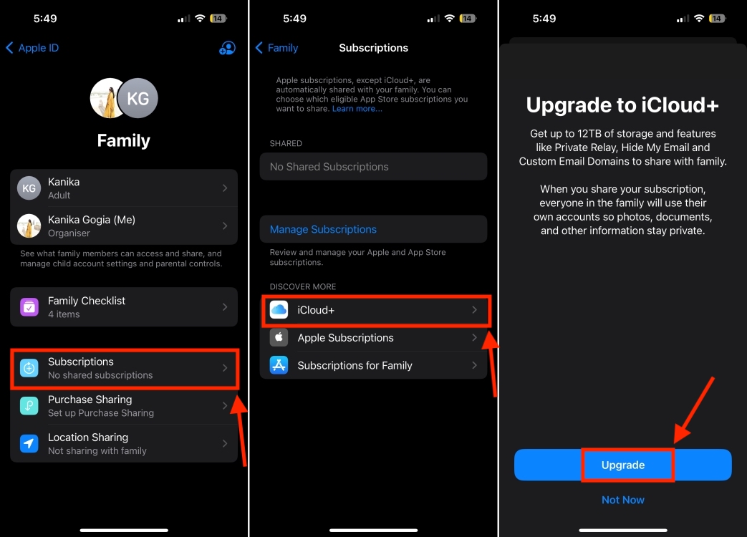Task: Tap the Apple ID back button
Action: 32,48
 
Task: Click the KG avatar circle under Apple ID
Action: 138,97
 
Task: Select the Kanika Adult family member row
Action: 123,188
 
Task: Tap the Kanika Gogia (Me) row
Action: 123,226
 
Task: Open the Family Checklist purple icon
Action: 29,307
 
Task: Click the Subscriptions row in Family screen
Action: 123,368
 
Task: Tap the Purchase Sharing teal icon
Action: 29,406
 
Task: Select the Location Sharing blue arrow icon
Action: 29,444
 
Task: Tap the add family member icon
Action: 227,48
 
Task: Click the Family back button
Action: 277,48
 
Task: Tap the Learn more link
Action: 357,109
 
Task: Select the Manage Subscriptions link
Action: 323,230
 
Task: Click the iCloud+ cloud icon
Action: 279,310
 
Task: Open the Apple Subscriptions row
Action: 373,338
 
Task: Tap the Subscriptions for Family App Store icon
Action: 279,365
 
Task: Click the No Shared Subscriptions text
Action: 329,167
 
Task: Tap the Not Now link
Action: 622,500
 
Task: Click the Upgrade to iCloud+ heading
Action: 622,105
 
